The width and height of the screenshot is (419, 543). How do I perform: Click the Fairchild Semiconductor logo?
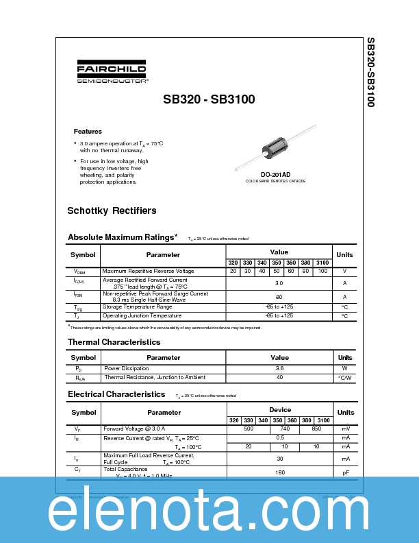(111, 73)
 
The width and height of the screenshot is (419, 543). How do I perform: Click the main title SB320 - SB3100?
(209, 99)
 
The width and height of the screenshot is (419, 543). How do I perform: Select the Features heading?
(88, 131)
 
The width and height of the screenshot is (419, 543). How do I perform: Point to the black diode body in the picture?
(275, 148)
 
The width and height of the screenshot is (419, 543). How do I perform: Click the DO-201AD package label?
(275, 174)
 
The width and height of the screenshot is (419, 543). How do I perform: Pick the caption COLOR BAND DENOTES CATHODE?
(275, 181)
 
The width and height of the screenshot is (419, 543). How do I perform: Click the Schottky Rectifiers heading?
(112, 210)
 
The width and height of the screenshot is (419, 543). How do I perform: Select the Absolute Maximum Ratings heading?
(123, 237)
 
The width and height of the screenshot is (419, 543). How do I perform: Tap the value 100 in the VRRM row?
(323, 271)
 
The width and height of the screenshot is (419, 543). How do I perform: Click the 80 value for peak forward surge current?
(279, 296)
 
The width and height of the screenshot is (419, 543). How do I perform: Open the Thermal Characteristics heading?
(114, 341)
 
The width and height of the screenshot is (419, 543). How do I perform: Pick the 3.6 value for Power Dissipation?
(279, 368)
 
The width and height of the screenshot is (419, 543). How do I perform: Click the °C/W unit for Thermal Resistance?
(344, 377)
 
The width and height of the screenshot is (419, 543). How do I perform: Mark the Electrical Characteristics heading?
(116, 394)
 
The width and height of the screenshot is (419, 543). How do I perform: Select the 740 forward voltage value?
(285, 428)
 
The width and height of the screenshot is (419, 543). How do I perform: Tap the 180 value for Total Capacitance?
(279, 472)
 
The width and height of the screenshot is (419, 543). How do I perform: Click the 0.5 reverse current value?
(279, 437)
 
